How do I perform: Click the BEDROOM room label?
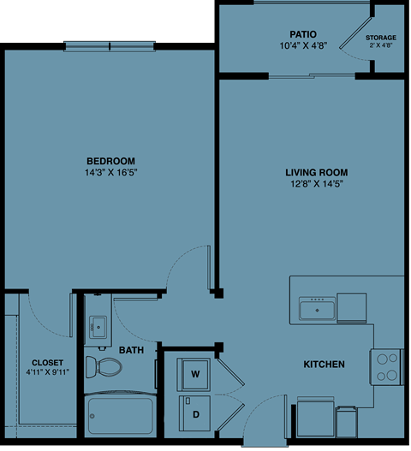click(111, 161)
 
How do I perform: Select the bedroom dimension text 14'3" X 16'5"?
click(111, 172)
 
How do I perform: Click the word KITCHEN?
click(324, 365)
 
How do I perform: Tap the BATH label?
click(131, 350)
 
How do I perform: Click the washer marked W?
click(194, 374)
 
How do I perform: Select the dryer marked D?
click(194, 413)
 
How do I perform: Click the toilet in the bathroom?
click(106, 367)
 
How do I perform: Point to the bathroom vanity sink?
click(98, 326)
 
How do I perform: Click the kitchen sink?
click(316, 307)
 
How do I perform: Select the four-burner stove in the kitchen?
click(387, 366)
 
